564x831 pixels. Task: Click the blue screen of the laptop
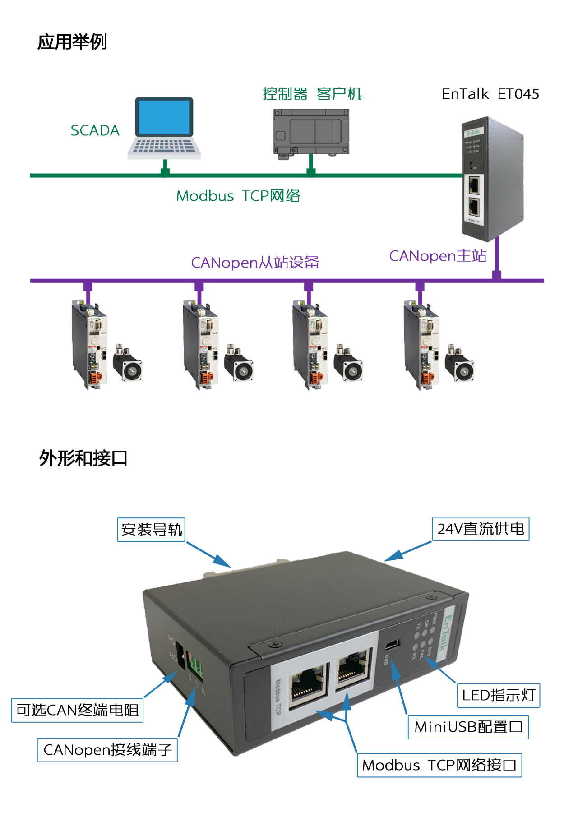tap(164, 117)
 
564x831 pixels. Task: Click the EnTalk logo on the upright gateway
tap(473, 132)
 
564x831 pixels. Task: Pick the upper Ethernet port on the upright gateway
tap(474, 185)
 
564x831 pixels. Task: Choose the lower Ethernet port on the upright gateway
tap(474, 207)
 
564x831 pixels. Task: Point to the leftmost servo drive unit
tap(90, 343)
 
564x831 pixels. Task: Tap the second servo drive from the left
tap(201, 343)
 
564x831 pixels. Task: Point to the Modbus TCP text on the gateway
tap(278, 697)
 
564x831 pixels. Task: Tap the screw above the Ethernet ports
tap(273, 645)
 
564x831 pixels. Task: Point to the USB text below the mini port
tap(386, 659)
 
